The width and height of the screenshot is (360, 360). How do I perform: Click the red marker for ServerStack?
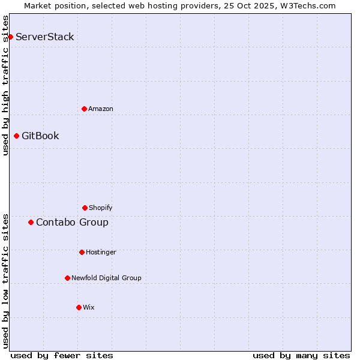[x=10, y=37]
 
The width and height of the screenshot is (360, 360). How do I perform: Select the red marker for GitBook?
[x=16, y=136]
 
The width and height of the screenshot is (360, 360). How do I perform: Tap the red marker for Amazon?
[x=84, y=109]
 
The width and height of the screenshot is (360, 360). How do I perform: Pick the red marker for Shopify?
[x=85, y=208]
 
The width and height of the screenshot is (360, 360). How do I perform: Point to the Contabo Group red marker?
[x=31, y=223]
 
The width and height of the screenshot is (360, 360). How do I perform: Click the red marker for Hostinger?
[x=82, y=252]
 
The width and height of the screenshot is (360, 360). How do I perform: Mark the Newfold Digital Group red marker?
[x=67, y=278]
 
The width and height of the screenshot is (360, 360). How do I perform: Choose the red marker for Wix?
[x=79, y=307]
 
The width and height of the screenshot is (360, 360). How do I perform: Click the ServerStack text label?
[x=45, y=37]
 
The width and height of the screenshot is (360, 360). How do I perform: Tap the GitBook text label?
[x=40, y=136]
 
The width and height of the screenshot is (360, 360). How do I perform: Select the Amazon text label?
[x=101, y=109]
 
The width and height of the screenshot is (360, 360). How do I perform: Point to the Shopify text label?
[x=101, y=208]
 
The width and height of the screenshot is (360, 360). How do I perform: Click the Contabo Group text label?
[x=72, y=223]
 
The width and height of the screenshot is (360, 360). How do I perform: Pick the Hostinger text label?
[x=101, y=252]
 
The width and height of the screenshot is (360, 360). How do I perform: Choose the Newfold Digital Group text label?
[x=106, y=278]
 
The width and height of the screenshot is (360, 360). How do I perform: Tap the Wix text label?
[x=89, y=307]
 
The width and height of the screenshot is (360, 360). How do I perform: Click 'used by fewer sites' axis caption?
[x=62, y=355]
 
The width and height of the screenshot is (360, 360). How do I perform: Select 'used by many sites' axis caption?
[x=301, y=355]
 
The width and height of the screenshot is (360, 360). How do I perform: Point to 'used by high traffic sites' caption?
[x=6, y=85]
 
